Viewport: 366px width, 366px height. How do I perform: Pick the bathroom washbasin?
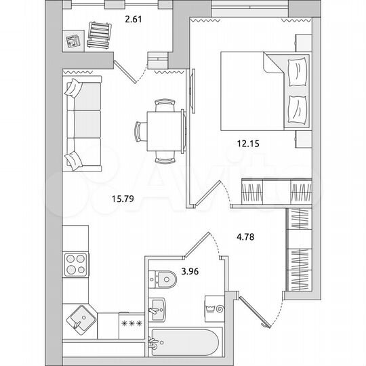pyautogui.click(x=157, y=309)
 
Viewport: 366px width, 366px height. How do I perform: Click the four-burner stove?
pyautogui.click(x=76, y=263)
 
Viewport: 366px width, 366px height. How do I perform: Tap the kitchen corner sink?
pyautogui.click(x=81, y=317)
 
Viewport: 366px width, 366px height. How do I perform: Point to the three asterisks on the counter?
pyautogui.click(x=129, y=323)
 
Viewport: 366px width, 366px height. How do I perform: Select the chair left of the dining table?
pyautogui.click(x=140, y=131)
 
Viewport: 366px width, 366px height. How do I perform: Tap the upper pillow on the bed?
pyautogui.click(x=297, y=70)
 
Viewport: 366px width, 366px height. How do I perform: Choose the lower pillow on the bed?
pyautogui.click(x=297, y=107)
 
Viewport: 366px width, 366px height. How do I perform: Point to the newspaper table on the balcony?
pyautogui.click(x=72, y=40)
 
